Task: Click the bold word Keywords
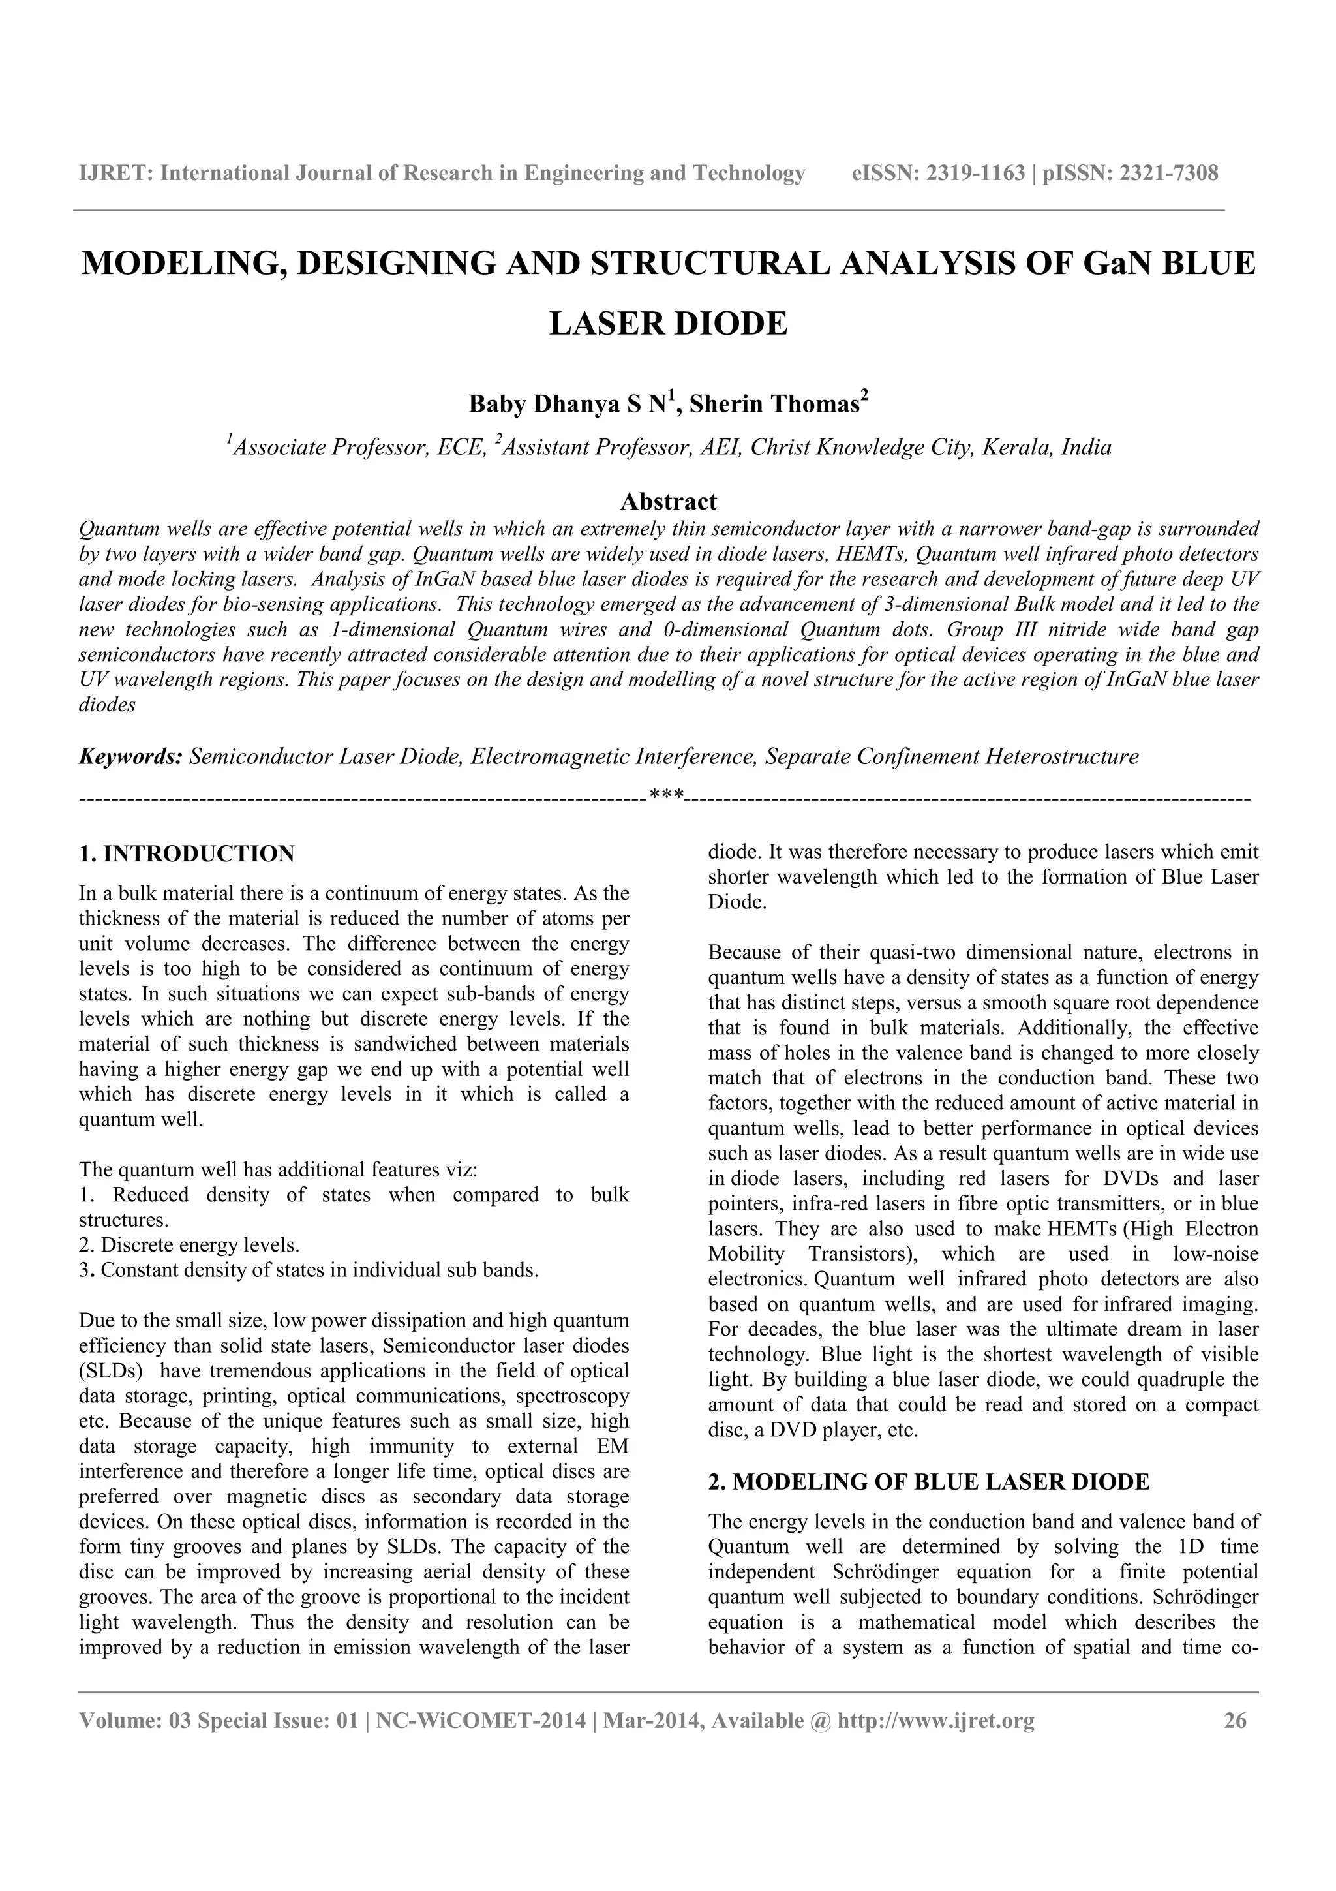[x=129, y=756]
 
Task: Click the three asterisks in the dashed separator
[x=666, y=797]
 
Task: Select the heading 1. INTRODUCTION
[x=186, y=853]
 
